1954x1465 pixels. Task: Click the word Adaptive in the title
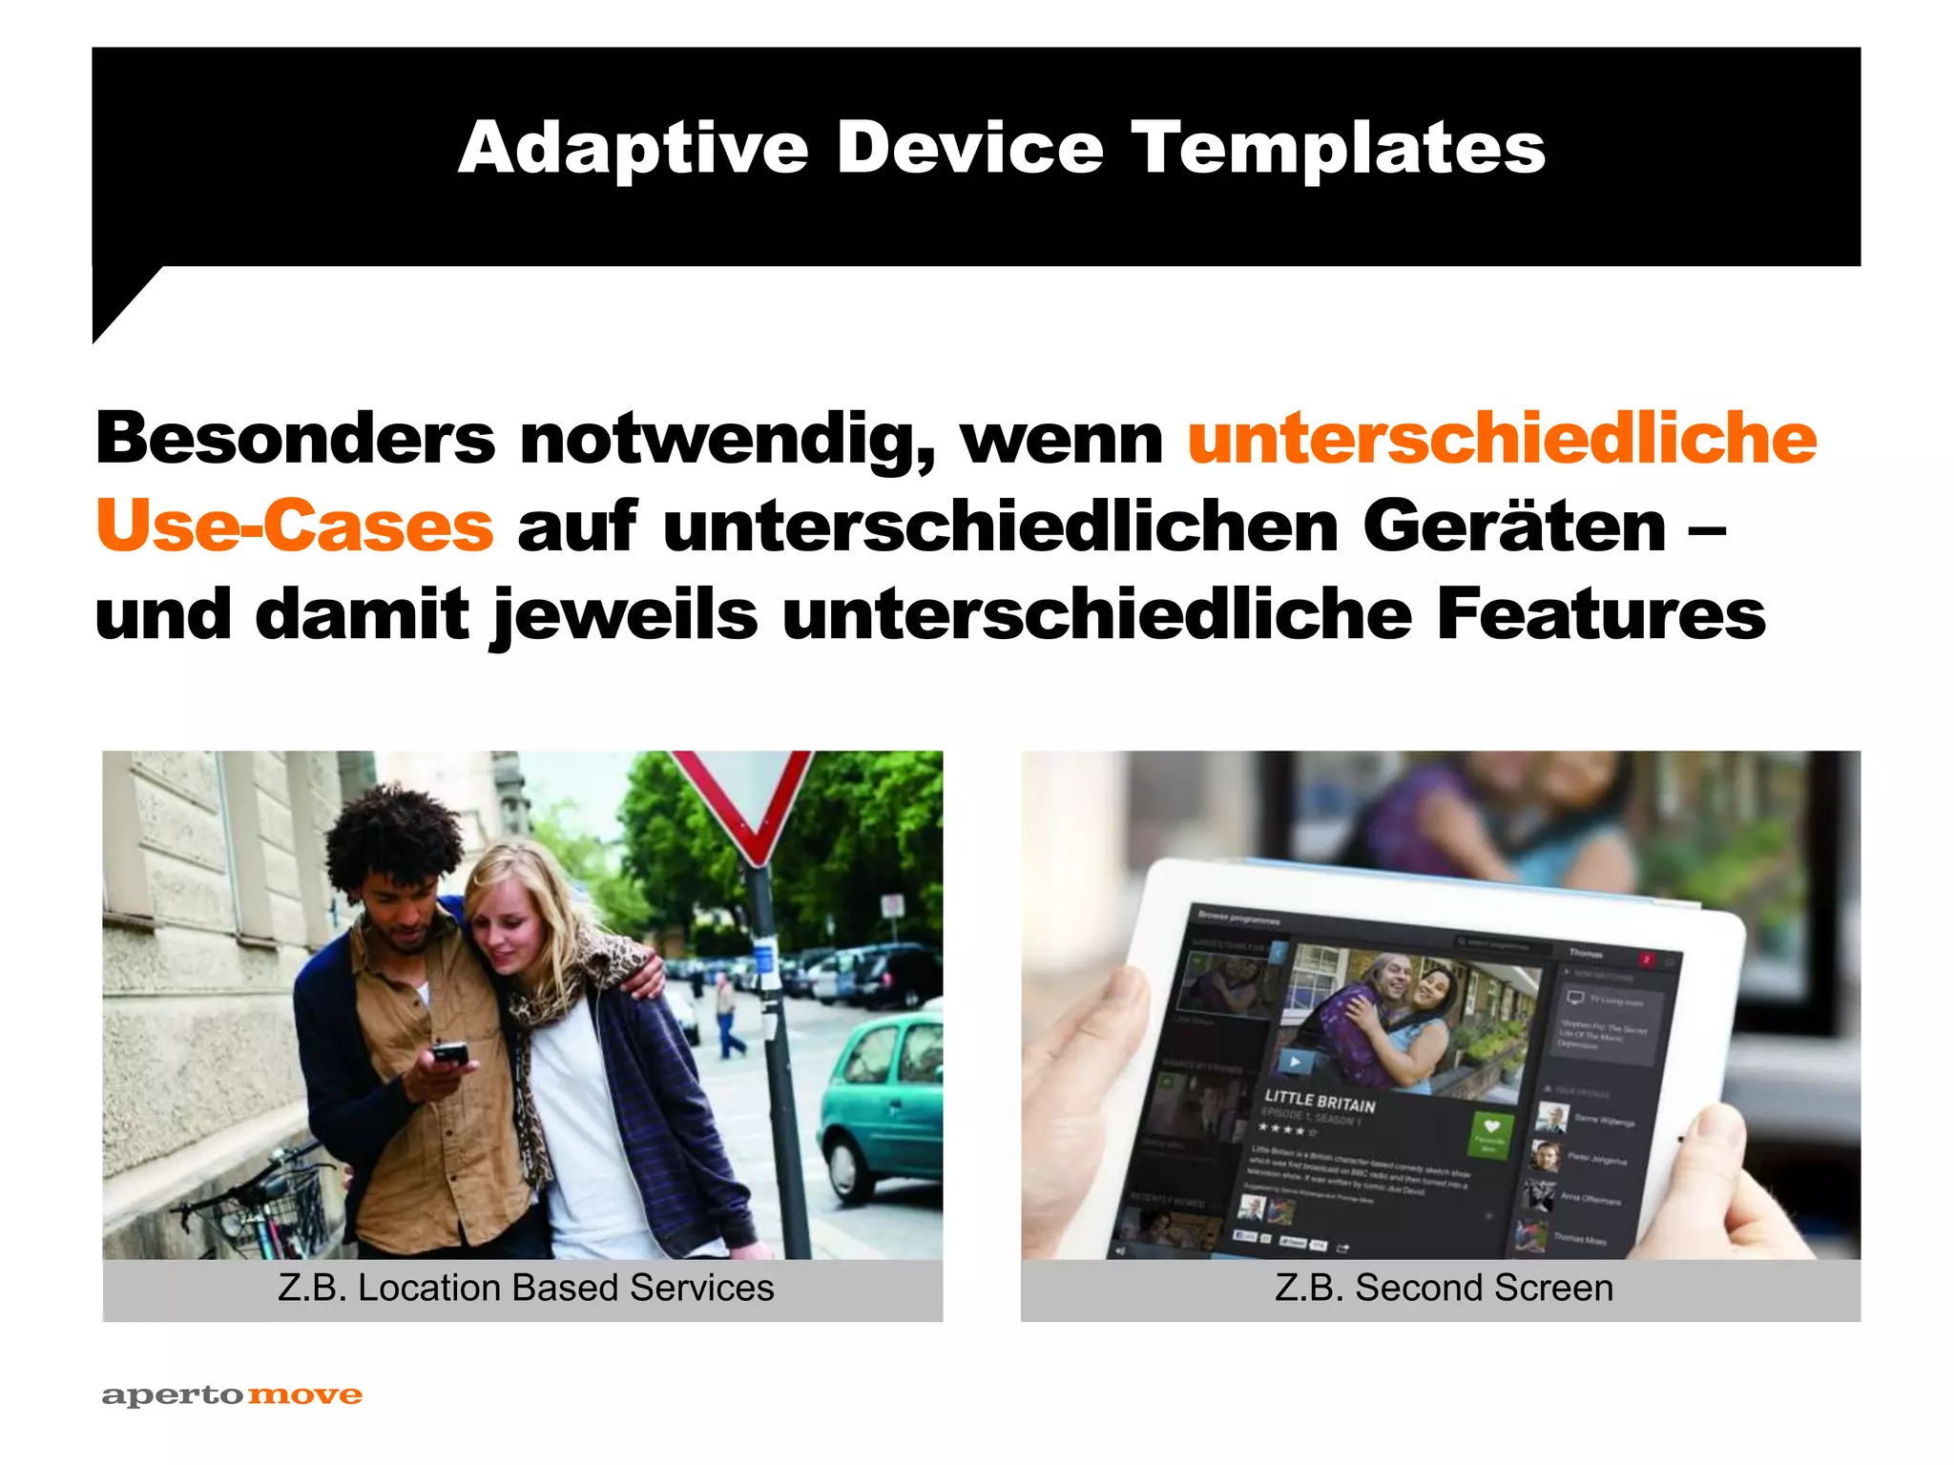click(x=634, y=149)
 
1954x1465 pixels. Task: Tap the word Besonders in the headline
click(x=295, y=439)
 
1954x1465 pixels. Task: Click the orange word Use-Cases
click(x=295, y=526)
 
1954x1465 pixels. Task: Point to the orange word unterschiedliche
click(x=1502, y=439)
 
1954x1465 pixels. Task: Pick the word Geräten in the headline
click(x=1514, y=526)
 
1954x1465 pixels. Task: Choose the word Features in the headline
click(x=1600, y=614)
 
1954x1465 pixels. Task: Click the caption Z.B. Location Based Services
click(x=526, y=1289)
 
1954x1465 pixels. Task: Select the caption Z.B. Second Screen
click(x=1444, y=1289)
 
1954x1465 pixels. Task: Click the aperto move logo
click(x=232, y=1395)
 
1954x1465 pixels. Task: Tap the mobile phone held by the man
click(x=448, y=1055)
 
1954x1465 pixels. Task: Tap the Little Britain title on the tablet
click(x=1320, y=1102)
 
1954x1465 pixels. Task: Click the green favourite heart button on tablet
click(x=1491, y=1133)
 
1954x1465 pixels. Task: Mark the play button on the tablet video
click(x=1295, y=1061)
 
